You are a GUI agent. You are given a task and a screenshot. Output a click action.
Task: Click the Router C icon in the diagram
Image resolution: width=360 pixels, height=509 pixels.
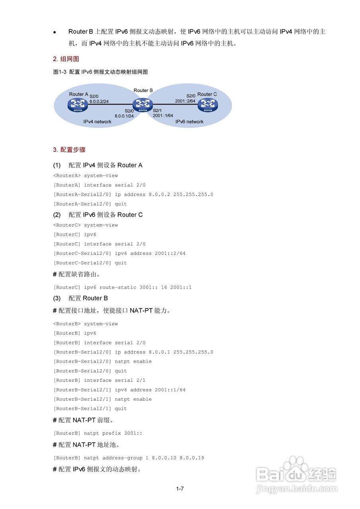[x=208, y=105]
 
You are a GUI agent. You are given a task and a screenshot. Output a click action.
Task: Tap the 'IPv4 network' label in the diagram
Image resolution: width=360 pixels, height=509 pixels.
[x=97, y=122]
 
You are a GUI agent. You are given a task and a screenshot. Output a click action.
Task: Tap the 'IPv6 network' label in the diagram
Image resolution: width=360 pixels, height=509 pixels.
[x=189, y=122]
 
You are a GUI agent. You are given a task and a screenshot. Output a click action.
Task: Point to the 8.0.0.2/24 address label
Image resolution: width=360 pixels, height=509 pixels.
[x=99, y=102]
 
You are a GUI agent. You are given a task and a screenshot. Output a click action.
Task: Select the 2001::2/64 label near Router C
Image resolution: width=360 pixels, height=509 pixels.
[x=185, y=101]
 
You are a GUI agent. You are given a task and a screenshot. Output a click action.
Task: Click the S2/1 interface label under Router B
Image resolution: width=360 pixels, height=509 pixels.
[x=158, y=110]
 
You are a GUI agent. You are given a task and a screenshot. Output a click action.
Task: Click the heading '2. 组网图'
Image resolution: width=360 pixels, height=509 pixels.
[x=66, y=59]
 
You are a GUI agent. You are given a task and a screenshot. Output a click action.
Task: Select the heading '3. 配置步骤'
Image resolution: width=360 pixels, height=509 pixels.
[x=69, y=150]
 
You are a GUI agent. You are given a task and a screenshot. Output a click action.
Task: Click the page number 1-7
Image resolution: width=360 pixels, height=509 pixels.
[x=180, y=489]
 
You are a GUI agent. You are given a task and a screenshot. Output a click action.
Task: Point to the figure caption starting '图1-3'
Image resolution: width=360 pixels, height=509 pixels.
[x=100, y=72]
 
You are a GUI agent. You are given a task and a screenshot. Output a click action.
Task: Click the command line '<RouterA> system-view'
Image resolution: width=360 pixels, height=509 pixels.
[x=86, y=175]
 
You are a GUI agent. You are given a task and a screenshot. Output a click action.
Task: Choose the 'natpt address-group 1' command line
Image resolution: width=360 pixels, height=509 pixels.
[x=128, y=458]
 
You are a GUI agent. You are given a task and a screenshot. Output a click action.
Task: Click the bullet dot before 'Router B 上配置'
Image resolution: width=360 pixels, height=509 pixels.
[x=55, y=32]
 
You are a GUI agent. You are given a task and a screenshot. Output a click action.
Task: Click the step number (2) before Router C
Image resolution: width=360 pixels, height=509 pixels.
[x=57, y=215]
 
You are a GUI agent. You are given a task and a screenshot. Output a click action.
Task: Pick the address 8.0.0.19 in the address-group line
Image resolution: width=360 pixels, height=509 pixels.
[x=192, y=458]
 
